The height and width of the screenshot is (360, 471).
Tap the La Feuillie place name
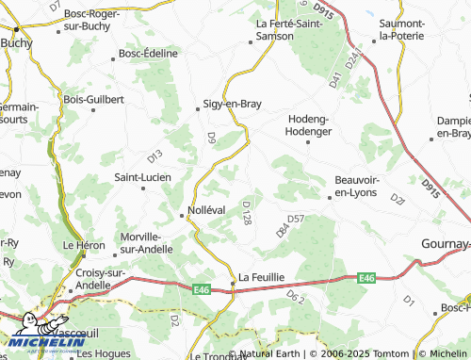click(x=261, y=277)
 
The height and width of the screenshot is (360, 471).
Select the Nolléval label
click(x=206, y=209)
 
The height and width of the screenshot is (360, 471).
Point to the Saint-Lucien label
click(x=142, y=176)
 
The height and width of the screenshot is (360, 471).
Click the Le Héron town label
click(x=81, y=244)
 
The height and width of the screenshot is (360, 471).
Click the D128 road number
click(x=247, y=212)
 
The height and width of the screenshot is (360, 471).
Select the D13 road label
click(x=154, y=155)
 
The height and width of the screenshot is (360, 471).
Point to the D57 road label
click(x=296, y=219)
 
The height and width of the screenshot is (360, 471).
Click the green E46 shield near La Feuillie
click(x=203, y=289)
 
